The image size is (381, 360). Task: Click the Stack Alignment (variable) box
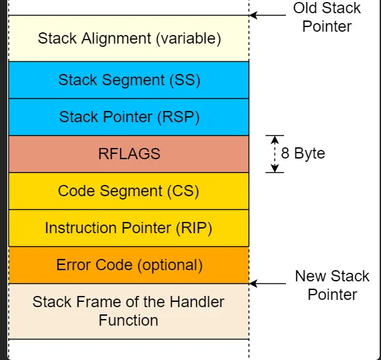pyautogui.click(x=129, y=38)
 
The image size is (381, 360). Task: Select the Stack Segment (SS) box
pyautogui.click(x=129, y=80)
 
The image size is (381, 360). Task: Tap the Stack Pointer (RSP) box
pyautogui.click(x=129, y=117)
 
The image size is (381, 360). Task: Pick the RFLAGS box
pyautogui.click(x=129, y=154)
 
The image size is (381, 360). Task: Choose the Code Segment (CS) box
pyautogui.click(x=129, y=191)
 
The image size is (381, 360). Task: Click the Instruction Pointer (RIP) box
pyautogui.click(x=129, y=228)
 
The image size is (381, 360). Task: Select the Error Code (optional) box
pyautogui.click(x=129, y=265)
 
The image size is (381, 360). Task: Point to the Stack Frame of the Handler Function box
pyautogui.click(x=129, y=311)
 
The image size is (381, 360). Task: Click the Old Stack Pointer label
pyautogui.click(x=327, y=17)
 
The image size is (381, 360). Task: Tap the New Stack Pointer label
pyautogui.click(x=332, y=285)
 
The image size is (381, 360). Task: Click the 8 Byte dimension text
pyautogui.click(x=303, y=153)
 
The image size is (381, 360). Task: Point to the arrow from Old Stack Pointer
pyautogui.click(x=268, y=15)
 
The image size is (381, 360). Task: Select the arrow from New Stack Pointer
pyautogui.click(x=268, y=283)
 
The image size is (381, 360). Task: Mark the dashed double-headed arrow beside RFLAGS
pyautogui.click(x=275, y=154)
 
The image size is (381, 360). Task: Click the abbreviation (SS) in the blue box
pyautogui.click(x=185, y=80)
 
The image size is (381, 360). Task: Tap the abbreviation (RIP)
pyautogui.click(x=194, y=228)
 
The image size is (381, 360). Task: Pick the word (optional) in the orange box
pyautogui.click(x=170, y=265)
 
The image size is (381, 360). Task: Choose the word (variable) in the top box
pyautogui.click(x=189, y=38)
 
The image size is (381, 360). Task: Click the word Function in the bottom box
pyautogui.click(x=128, y=320)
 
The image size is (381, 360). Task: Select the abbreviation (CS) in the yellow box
pyautogui.click(x=183, y=191)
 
